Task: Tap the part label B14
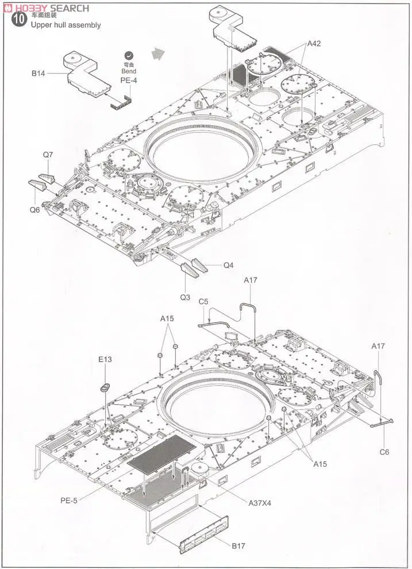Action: (x=38, y=74)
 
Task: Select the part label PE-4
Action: (x=129, y=80)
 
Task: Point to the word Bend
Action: (x=129, y=71)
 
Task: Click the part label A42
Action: (x=314, y=43)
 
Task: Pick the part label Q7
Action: (x=48, y=155)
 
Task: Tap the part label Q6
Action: (x=35, y=210)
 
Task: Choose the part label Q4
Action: (x=229, y=266)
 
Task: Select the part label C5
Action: (x=203, y=301)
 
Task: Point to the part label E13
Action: (x=105, y=360)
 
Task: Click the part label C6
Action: (x=384, y=451)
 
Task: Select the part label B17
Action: (x=237, y=545)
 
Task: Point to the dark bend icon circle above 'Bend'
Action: (x=129, y=55)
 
